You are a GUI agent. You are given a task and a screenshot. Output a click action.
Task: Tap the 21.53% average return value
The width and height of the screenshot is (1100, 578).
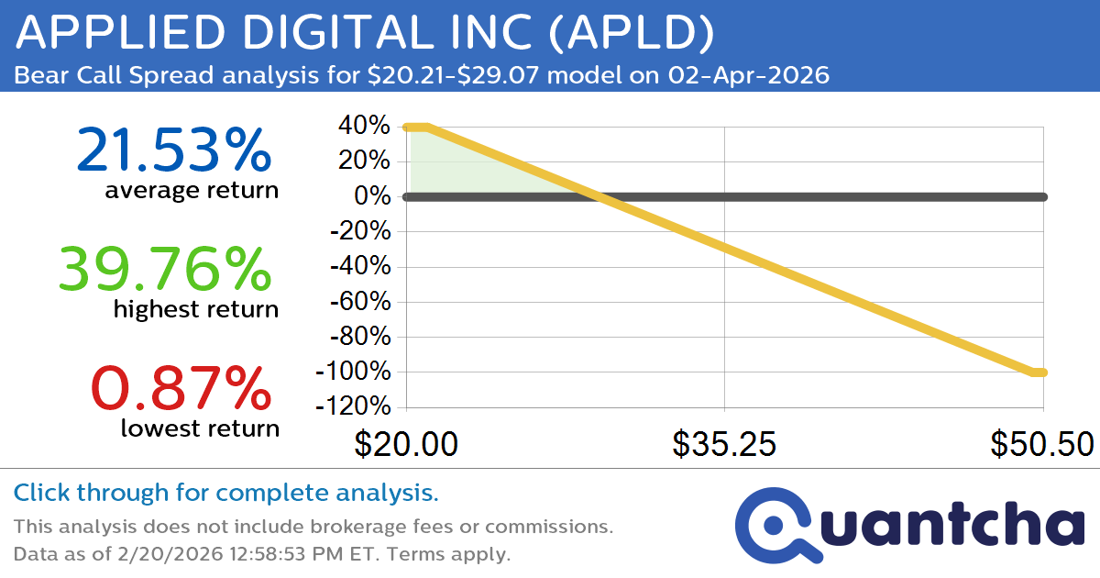173,150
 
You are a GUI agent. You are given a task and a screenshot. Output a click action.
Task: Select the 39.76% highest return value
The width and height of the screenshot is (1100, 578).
165,270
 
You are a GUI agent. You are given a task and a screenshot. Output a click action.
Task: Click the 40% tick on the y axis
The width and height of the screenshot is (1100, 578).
364,127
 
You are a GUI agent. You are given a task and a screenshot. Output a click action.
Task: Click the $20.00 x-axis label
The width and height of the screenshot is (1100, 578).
406,444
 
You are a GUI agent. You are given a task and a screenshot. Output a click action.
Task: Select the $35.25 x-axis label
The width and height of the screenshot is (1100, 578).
724,444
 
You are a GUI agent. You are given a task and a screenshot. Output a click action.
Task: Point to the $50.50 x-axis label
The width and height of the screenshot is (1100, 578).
1041,444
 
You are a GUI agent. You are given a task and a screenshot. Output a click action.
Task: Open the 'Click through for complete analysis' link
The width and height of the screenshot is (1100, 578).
225,494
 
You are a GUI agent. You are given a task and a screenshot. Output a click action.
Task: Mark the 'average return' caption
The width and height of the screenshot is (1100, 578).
191,191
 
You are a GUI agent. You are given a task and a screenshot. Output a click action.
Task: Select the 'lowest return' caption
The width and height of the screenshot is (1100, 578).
199,428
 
